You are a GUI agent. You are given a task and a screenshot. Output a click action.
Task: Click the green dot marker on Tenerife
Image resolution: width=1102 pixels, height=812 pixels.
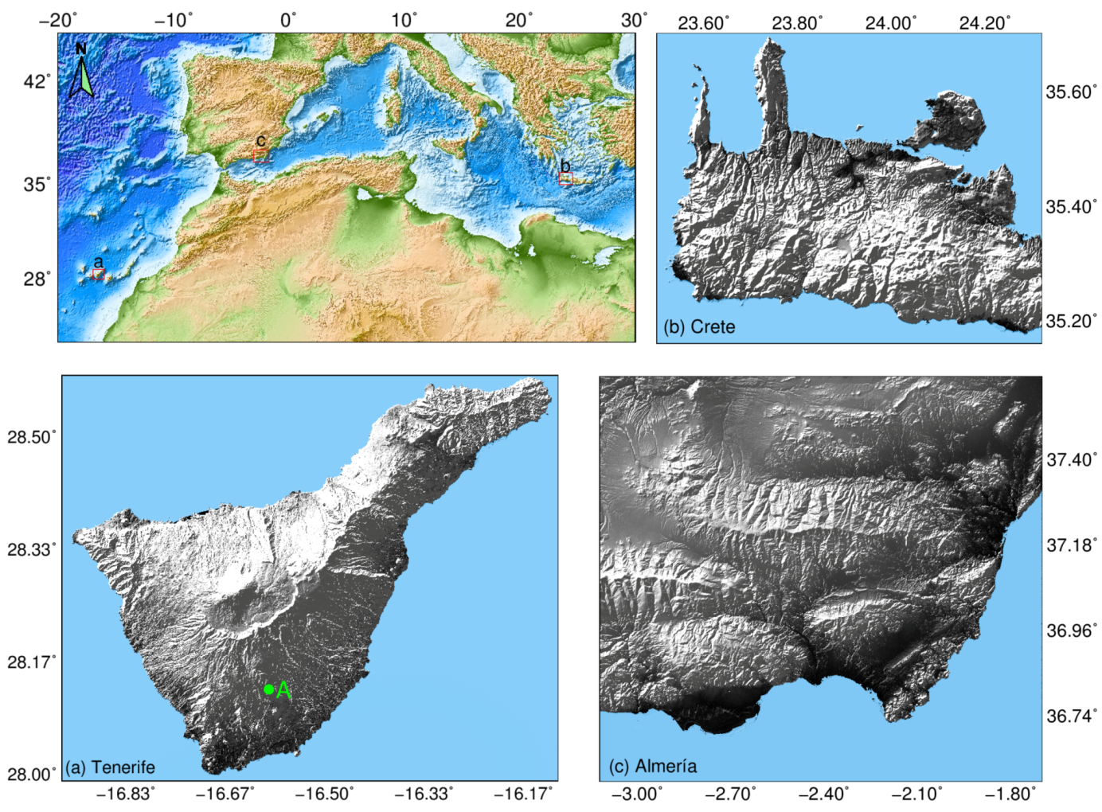pos(269,689)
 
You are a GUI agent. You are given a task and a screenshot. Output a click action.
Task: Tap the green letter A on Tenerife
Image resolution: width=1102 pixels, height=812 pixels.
pos(283,691)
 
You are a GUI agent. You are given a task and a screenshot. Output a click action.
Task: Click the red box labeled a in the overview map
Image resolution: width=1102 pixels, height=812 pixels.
pos(99,274)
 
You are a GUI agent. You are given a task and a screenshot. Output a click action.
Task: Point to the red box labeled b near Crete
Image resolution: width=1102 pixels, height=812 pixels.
pos(565,178)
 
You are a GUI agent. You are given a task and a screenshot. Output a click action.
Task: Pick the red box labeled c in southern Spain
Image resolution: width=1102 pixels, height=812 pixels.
pos(260,155)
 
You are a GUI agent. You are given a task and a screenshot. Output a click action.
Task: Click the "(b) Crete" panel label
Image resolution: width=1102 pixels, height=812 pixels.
pos(699,326)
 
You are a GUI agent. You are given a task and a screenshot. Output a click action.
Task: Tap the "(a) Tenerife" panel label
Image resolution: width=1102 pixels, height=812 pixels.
pos(110,767)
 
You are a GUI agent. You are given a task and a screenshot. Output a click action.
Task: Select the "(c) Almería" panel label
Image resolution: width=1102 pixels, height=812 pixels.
pos(653,766)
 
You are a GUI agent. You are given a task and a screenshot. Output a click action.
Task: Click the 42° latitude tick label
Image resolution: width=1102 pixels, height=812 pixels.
pos(37,81)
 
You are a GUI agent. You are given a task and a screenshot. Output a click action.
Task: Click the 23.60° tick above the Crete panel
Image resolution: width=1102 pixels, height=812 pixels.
pos(703,23)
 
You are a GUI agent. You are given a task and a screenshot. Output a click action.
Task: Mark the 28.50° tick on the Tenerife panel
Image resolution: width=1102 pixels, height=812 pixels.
pos(32,436)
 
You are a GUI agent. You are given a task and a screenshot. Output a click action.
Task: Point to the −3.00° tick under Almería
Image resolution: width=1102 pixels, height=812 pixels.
pos(637,794)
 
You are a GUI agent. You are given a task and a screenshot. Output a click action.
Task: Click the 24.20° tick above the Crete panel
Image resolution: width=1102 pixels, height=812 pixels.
pos(984,23)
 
